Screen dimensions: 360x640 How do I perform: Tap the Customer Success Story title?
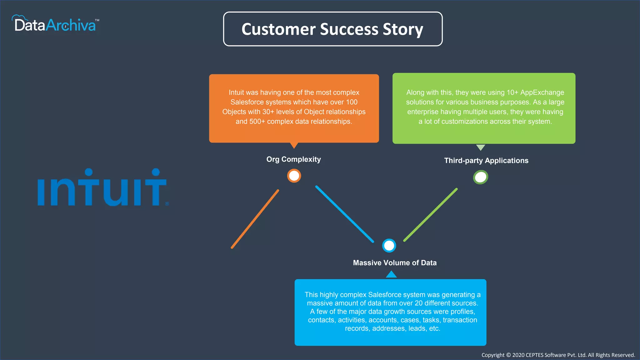(332, 29)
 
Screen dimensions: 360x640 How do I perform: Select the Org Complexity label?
(293, 159)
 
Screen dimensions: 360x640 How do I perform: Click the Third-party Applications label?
(486, 161)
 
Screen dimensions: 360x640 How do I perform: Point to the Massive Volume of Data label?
(395, 263)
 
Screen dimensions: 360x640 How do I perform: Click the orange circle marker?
(294, 176)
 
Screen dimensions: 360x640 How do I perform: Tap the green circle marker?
(480, 177)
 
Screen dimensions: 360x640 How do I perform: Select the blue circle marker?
(389, 246)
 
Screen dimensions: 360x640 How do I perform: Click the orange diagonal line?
(255, 219)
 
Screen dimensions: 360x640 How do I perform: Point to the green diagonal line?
(431, 215)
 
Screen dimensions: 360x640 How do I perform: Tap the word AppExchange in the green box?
(542, 92)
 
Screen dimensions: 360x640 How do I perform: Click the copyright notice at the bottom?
(558, 355)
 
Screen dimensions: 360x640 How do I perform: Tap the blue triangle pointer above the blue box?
(391, 275)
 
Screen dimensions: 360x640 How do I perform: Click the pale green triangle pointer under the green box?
(480, 147)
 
